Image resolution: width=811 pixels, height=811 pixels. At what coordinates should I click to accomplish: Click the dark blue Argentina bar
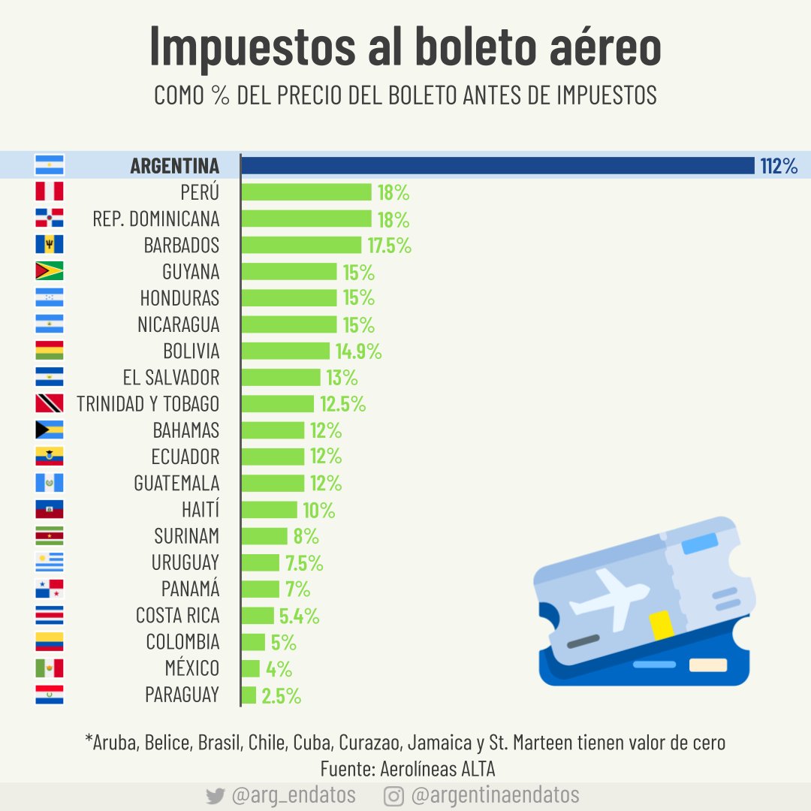pyautogui.click(x=497, y=165)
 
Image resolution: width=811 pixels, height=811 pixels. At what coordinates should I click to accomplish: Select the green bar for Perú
pyautogui.click(x=306, y=192)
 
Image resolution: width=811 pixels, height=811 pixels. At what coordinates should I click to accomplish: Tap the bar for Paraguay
pyautogui.click(x=249, y=695)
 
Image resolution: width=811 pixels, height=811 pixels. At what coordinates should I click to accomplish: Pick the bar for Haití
pyautogui.click(x=270, y=510)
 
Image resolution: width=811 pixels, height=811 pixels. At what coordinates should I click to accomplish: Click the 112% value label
pyautogui.click(x=779, y=166)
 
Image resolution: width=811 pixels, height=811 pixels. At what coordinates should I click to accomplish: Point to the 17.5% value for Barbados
pyautogui.click(x=389, y=246)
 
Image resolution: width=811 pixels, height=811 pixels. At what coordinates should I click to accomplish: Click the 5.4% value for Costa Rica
pyautogui.click(x=299, y=617)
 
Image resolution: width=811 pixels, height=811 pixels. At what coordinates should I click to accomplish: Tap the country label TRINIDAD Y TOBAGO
pyautogui.click(x=148, y=404)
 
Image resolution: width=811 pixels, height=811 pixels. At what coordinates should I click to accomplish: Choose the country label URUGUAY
pyautogui.click(x=185, y=562)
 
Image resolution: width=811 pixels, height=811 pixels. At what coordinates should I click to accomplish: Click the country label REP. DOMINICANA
pyautogui.click(x=156, y=219)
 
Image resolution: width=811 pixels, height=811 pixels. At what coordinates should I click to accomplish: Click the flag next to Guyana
pyautogui.click(x=50, y=271)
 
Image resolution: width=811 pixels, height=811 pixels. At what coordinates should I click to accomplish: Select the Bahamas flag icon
pyautogui.click(x=50, y=430)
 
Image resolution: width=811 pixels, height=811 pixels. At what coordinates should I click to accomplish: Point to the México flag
pyautogui.click(x=50, y=668)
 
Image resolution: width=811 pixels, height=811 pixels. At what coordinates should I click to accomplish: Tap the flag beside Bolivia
pyautogui.click(x=50, y=351)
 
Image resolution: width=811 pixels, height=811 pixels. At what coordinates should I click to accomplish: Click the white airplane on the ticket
pyautogui.click(x=608, y=597)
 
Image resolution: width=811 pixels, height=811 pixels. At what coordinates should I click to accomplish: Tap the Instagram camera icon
pyautogui.click(x=393, y=796)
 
